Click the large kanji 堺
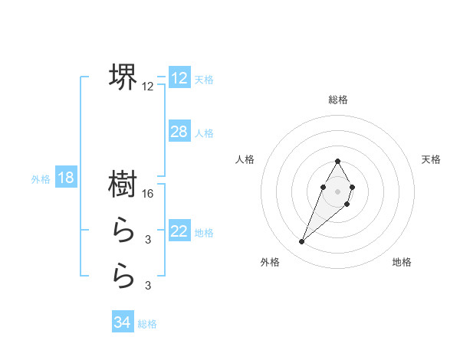[123, 76]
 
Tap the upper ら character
[123, 229]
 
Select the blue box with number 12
[179, 78]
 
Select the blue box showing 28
[179, 132]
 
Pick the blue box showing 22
[179, 231]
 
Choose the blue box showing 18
[66, 178]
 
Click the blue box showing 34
[122, 322]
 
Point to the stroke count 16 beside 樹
[149, 194]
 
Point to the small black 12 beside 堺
[148, 87]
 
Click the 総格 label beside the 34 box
[147, 324]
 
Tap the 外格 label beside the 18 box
[41, 179]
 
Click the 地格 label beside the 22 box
[204, 233]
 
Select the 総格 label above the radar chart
[338, 100]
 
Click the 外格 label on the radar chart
[270, 262]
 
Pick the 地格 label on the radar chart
[402, 262]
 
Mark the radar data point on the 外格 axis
[302, 242]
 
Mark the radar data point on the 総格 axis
[338, 162]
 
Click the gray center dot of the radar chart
[338, 190]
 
